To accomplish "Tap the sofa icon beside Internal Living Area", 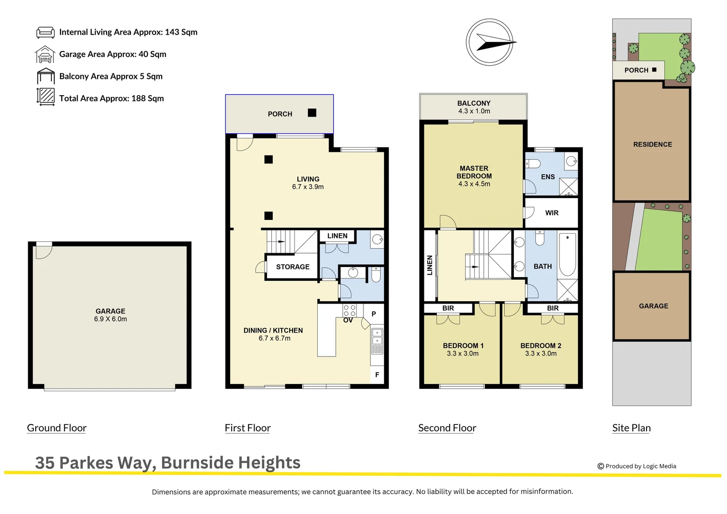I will [x=46, y=32].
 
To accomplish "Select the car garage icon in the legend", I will [x=45, y=55].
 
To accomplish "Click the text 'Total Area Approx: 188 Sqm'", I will [x=111, y=99].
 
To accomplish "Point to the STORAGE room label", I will [x=293, y=267].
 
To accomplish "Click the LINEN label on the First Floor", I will [x=337, y=236].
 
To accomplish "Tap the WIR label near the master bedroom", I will [x=552, y=213].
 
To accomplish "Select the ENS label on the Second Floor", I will [x=548, y=177].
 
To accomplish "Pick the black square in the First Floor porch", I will [x=312, y=113].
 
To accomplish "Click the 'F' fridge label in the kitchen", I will [x=377, y=375].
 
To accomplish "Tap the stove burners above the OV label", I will [x=349, y=311].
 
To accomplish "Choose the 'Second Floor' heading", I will [x=447, y=428].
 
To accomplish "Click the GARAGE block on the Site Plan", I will [x=652, y=306].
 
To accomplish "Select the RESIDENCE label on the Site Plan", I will [x=652, y=145].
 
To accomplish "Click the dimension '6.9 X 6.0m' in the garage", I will [x=110, y=319].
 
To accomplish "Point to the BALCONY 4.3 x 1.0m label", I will [x=474, y=107].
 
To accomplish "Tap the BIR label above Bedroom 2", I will [x=553, y=308].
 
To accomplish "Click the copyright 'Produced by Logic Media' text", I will [x=640, y=466].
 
